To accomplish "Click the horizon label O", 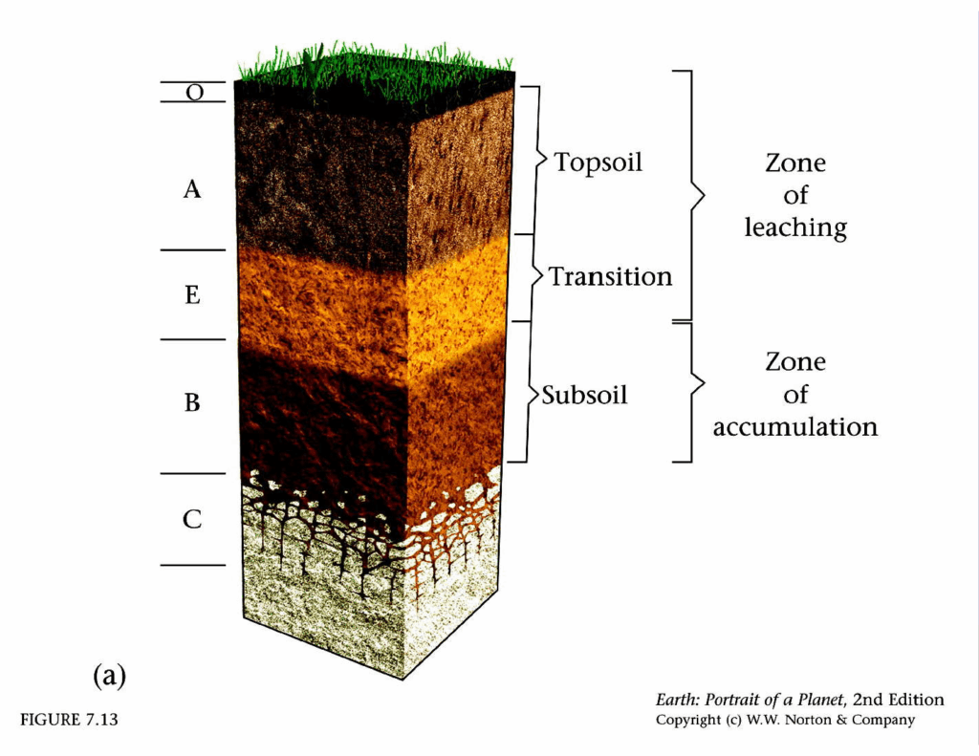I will coord(194,92).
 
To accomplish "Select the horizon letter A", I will coord(192,190).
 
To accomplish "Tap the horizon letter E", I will coord(192,295).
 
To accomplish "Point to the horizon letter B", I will coord(192,403).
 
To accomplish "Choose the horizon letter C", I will coord(192,520).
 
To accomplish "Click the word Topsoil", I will coord(598,162).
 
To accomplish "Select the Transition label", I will coord(610,277).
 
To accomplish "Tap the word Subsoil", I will coord(584,394).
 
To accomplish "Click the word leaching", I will coord(795,228).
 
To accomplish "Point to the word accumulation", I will coord(795,426).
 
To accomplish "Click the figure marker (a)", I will coord(109,676).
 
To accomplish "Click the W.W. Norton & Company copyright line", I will coord(784,720).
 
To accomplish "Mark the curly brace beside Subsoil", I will coord(528,392).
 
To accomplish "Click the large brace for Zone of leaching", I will coord(694,196).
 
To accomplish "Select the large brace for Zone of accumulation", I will coord(694,392).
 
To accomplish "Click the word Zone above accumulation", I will coord(795,362).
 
